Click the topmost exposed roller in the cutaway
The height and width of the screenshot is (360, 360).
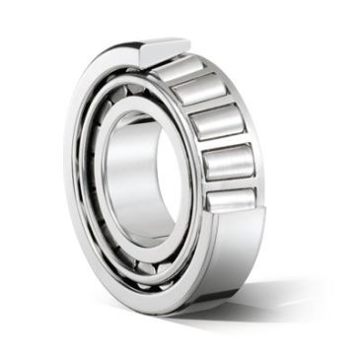[183, 69]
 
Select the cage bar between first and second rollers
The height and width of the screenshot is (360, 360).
[193, 81]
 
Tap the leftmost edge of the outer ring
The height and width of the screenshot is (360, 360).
[67, 178]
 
